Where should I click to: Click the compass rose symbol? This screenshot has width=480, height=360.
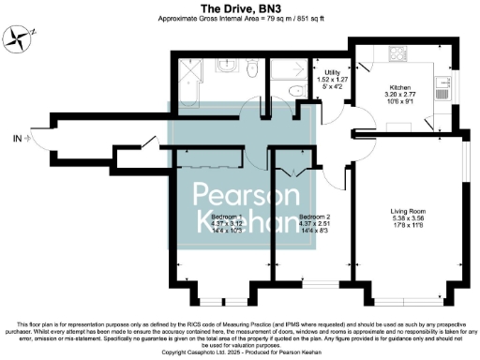(x=22, y=37)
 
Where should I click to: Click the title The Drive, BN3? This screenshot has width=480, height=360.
(x=240, y=7)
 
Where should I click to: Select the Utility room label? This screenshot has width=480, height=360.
(x=332, y=72)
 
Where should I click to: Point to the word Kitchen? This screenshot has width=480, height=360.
(x=392, y=63)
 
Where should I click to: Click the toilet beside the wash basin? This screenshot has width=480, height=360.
(x=248, y=70)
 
